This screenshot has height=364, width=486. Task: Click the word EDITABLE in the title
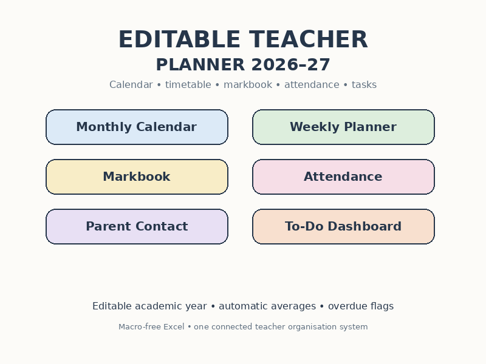point(179,39)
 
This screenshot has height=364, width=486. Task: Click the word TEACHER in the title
point(309,39)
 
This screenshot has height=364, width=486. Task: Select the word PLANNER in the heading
point(200,65)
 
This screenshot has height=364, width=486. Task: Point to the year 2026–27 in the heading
point(291,65)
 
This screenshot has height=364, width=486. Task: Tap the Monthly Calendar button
point(137,127)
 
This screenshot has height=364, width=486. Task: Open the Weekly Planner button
point(343,127)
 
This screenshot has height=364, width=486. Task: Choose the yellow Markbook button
point(137,177)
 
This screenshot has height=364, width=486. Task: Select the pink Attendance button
point(343,177)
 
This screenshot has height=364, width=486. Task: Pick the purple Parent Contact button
point(137,226)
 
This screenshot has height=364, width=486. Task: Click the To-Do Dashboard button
point(343,226)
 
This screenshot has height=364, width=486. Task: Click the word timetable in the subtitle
point(188,84)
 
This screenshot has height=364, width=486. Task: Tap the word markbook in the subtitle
point(248,84)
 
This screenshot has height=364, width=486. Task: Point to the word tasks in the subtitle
point(364,85)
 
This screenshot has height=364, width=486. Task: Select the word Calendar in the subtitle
point(131,84)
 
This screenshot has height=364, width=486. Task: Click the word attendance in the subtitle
point(312,85)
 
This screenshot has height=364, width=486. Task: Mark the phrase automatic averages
point(267,306)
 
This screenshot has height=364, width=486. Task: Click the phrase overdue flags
point(361,306)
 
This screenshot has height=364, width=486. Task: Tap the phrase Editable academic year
point(149,306)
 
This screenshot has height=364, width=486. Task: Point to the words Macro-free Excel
point(151,327)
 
